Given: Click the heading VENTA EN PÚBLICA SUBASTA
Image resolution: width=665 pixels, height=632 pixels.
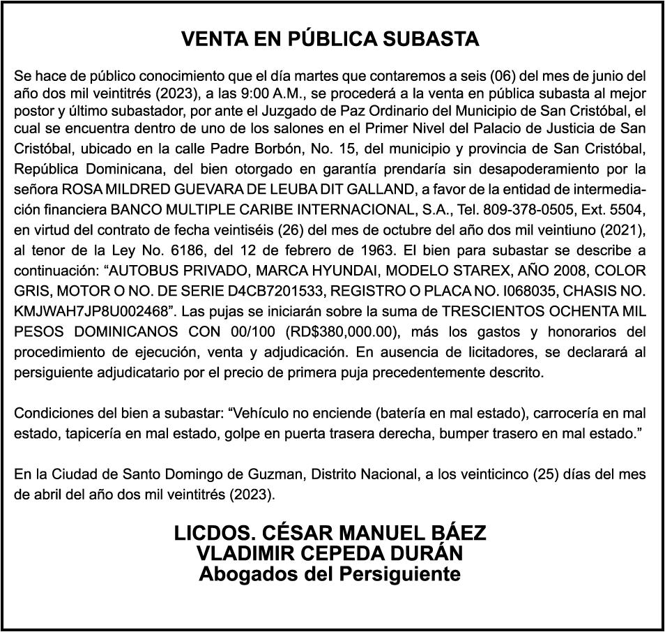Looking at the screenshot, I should point(330,39).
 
